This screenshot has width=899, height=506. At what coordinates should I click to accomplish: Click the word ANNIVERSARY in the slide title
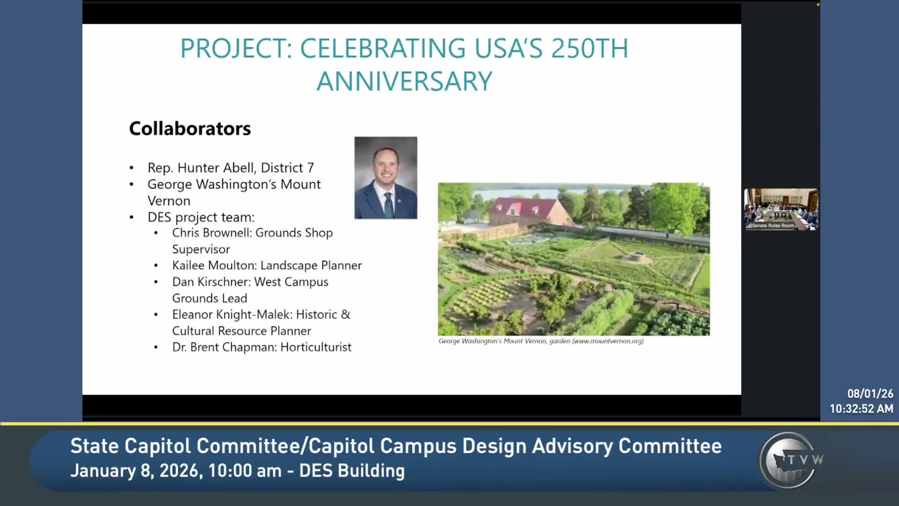pyautogui.click(x=405, y=81)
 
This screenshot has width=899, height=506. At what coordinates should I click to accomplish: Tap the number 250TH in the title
pyautogui.click(x=590, y=48)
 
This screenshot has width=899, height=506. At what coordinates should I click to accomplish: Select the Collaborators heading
pyautogui.click(x=190, y=128)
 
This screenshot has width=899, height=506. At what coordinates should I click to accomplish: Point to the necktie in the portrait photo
pyautogui.click(x=389, y=205)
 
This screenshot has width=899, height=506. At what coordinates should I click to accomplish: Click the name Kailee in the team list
pyautogui.click(x=188, y=265)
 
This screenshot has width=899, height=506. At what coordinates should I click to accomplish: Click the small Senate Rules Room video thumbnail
pyautogui.click(x=781, y=209)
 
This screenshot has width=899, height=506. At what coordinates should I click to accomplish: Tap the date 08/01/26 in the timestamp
pyautogui.click(x=870, y=394)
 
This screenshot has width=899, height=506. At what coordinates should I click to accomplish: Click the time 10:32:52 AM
pyautogui.click(x=862, y=409)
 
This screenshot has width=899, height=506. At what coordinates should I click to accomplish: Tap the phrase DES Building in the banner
pyautogui.click(x=352, y=471)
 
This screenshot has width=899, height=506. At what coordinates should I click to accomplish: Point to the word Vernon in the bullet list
pyautogui.click(x=169, y=201)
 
